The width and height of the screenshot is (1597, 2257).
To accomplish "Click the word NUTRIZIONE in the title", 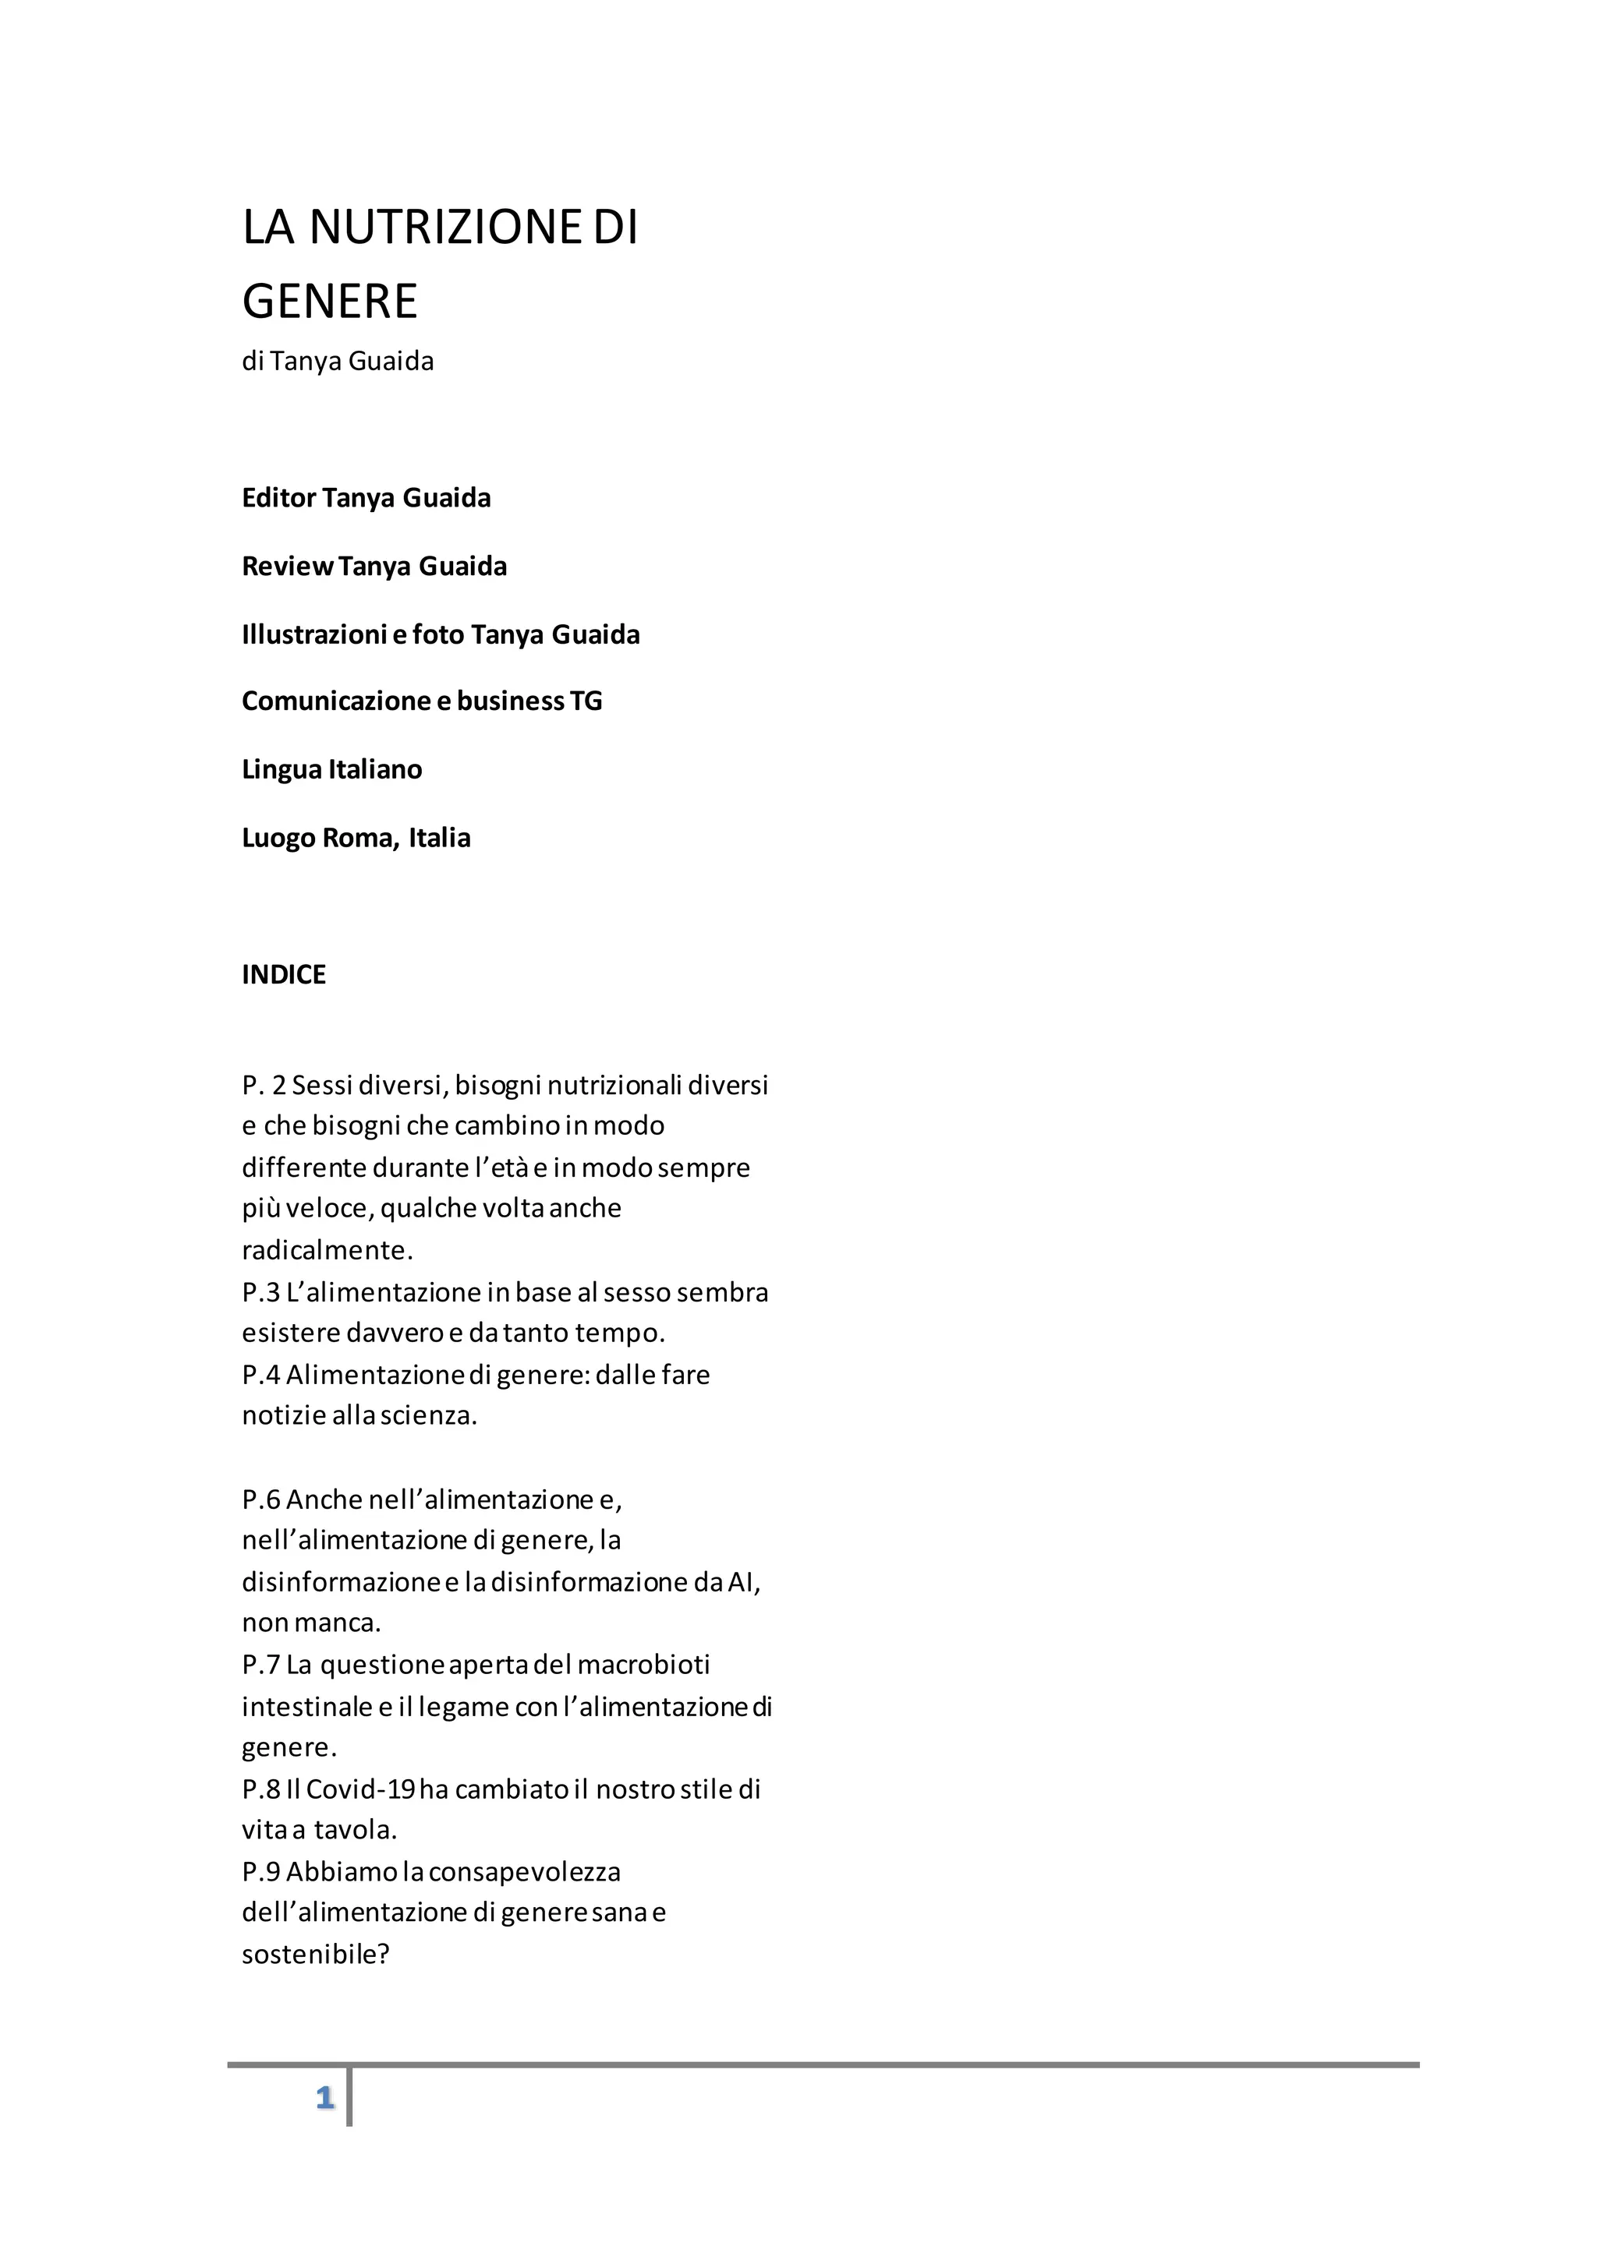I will pos(445,228).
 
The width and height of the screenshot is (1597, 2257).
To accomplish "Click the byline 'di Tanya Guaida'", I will pos(338,362).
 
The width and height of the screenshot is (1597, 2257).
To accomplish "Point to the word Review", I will pos(287,567).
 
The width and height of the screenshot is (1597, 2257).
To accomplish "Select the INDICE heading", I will pos(283,975).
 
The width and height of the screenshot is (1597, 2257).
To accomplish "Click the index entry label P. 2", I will pos(264,1086).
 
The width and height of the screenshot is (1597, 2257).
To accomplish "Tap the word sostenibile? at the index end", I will pos(316,1955).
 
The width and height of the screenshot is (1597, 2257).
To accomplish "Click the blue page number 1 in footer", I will pos(324,2099).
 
